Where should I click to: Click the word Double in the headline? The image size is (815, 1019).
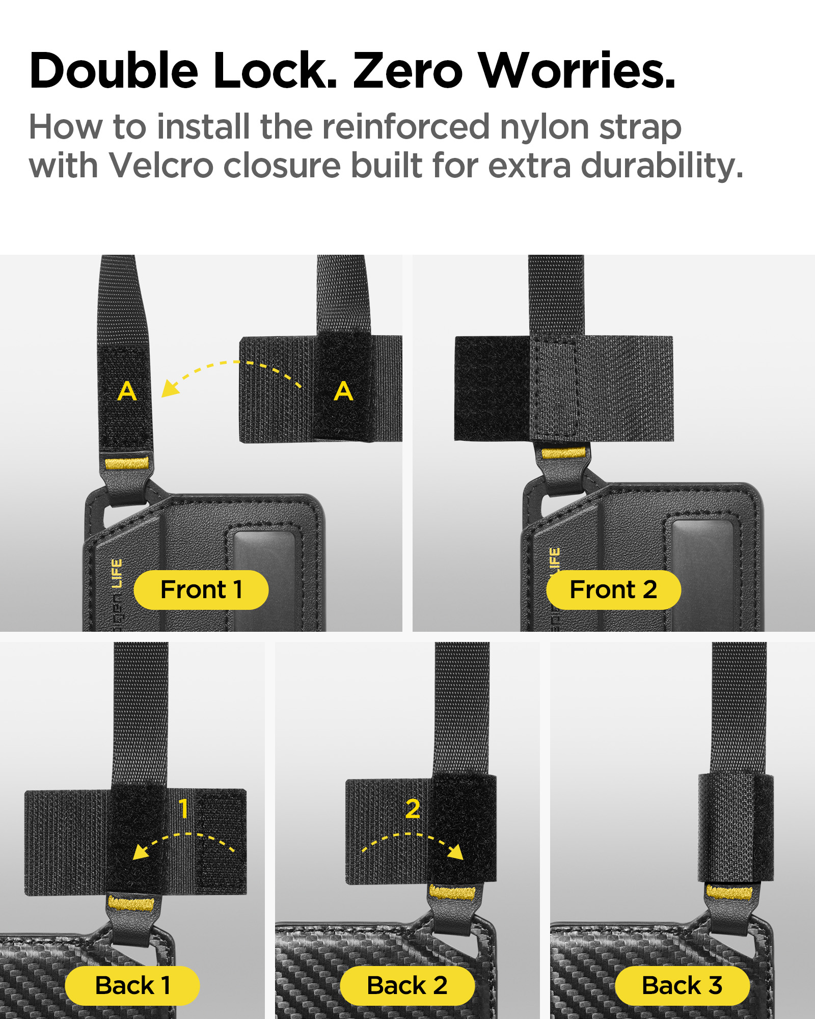click(114, 70)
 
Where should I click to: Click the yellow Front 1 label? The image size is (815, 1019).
click(201, 590)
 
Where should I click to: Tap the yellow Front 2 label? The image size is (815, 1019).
click(613, 590)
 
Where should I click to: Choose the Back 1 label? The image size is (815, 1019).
click(132, 985)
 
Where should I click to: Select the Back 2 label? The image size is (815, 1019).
click(407, 985)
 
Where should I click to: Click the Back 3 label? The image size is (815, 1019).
click(682, 985)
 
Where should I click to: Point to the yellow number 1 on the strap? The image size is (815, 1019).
click(183, 809)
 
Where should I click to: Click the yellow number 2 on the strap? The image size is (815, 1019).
click(413, 809)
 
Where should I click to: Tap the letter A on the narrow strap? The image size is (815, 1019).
click(127, 391)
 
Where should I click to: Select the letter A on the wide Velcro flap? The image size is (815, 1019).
click(344, 391)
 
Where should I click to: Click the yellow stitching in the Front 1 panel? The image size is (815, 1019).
click(127, 464)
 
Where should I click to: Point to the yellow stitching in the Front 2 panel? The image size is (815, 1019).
click(563, 453)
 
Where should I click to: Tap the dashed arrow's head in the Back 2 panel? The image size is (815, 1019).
click(456, 851)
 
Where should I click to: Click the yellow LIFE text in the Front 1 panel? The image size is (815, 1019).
click(117, 573)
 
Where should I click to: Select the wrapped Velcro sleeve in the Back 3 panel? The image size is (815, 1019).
click(736, 828)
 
